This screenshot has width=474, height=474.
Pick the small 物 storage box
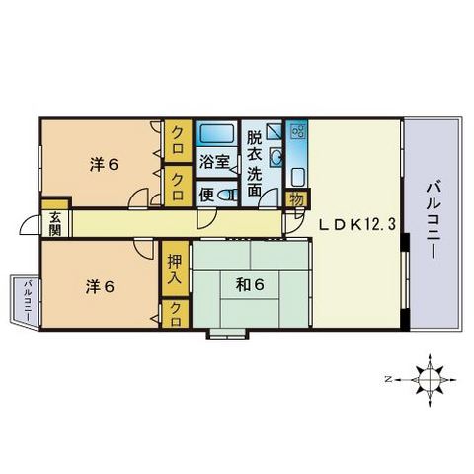[x=296, y=198]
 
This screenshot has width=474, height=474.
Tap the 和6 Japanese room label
[x=249, y=285]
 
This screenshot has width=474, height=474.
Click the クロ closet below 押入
[x=176, y=314]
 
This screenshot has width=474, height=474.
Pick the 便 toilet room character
[x=208, y=194]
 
